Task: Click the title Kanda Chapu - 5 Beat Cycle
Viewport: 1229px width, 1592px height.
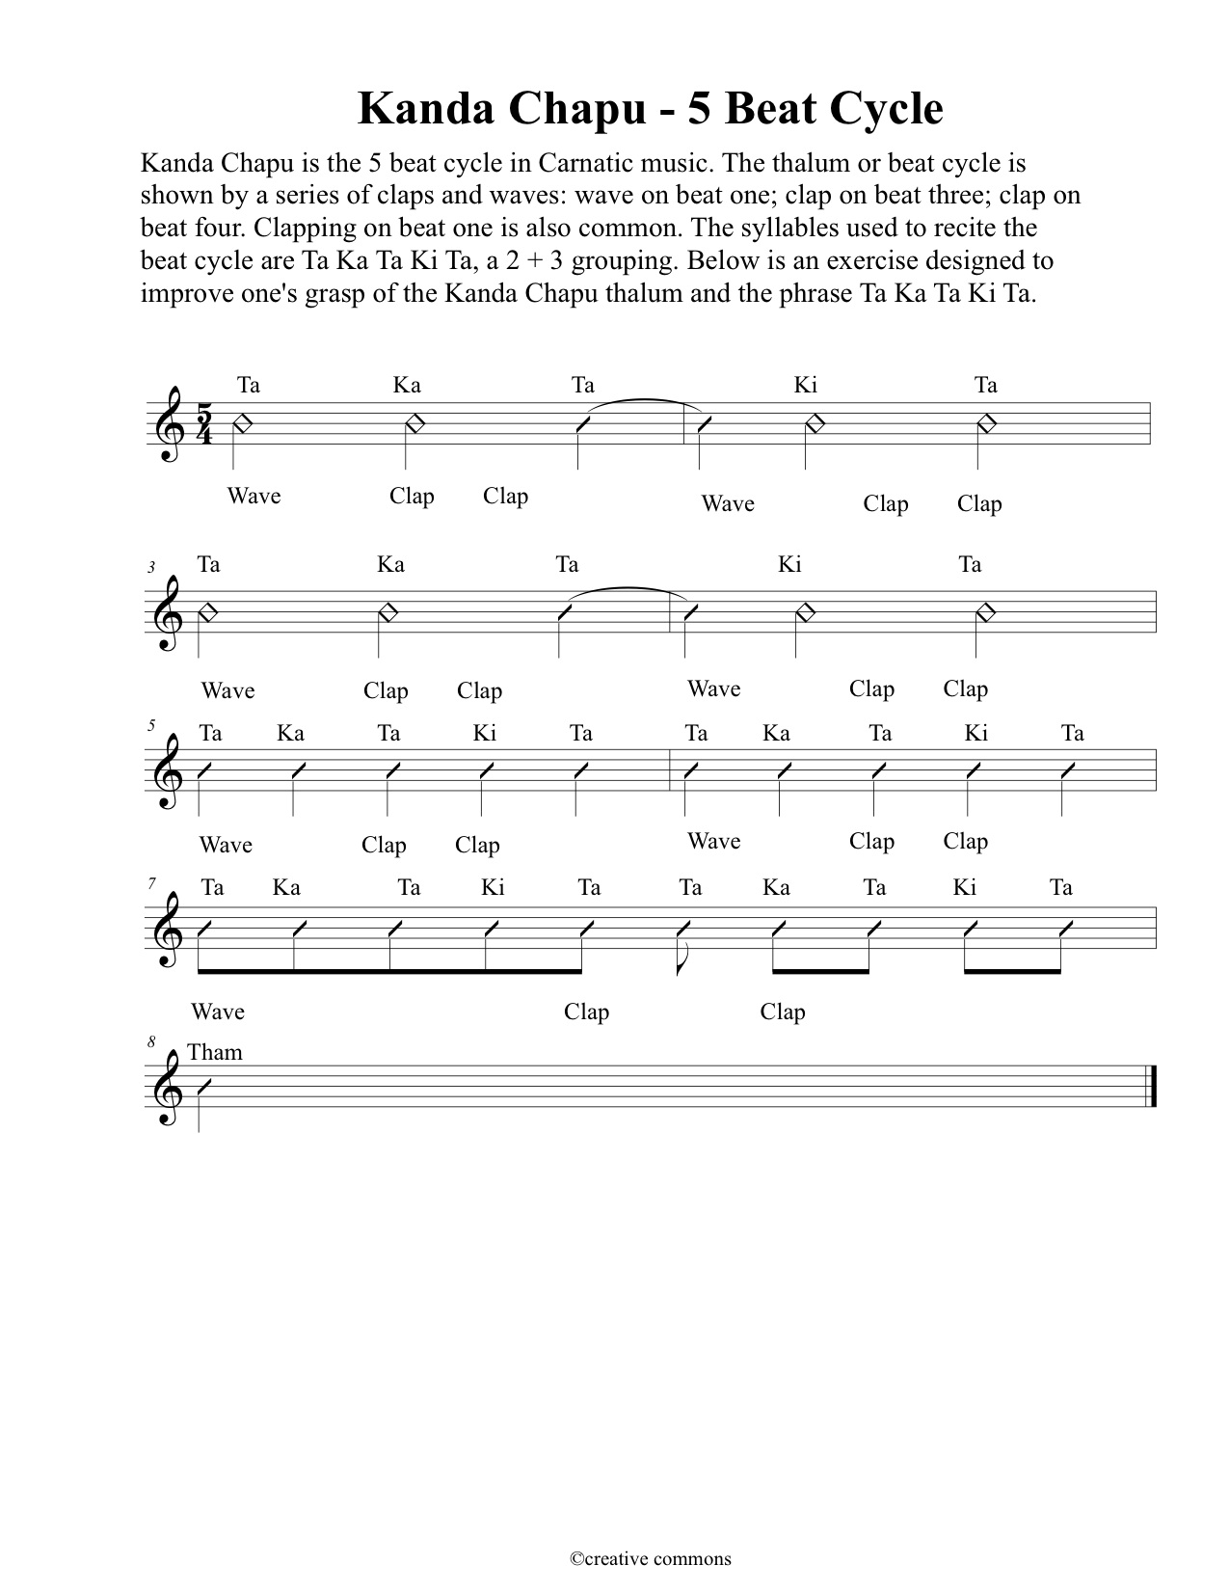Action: point(650,108)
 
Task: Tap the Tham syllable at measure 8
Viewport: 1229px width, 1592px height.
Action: point(215,1052)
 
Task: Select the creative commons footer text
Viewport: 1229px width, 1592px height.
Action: point(650,1558)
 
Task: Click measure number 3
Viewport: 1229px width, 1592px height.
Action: point(151,568)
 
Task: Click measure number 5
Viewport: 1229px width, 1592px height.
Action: point(151,725)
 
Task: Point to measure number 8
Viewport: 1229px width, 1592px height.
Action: point(151,1042)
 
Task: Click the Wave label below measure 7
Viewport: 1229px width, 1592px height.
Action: point(218,1012)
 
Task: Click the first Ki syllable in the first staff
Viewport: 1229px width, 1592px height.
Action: point(806,386)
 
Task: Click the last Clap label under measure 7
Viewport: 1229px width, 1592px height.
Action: point(783,1012)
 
